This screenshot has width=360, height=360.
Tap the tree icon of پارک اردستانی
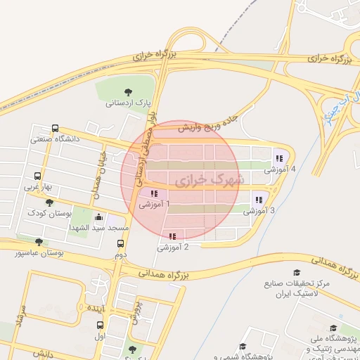[129, 91]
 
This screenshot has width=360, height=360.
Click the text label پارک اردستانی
[129, 103]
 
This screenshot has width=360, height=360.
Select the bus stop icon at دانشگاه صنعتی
[56, 129]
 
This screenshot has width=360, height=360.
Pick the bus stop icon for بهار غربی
[37, 176]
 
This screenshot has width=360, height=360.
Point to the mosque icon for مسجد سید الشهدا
[98, 217]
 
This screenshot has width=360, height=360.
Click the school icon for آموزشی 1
[154, 193]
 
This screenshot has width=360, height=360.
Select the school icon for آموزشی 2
[172, 236]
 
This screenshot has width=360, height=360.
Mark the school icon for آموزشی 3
[259, 200]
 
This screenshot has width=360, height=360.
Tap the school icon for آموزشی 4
[279, 158]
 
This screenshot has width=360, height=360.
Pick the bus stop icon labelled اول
[100, 326]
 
